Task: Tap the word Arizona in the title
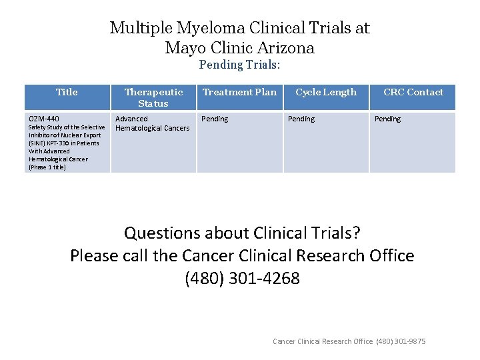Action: pyautogui.click(x=287, y=48)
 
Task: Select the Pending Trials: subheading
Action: pyautogui.click(x=240, y=65)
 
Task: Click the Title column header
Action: pyautogui.click(x=67, y=92)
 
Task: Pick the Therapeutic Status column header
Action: pyautogui.click(x=153, y=97)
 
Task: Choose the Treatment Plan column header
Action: pyautogui.click(x=239, y=92)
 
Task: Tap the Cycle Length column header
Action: pyautogui.click(x=326, y=92)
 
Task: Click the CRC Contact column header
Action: pyautogui.click(x=413, y=92)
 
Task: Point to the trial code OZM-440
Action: pyautogui.click(x=44, y=119)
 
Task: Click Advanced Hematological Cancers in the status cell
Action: pyautogui.click(x=153, y=123)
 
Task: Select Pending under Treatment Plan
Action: pyautogui.click(x=215, y=119)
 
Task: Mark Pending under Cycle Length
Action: pyautogui.click(x=301, y=119)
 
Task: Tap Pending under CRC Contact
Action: pyautogui.click(x=387, y=119)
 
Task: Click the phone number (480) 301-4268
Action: pyautogui.click(x=242, y=278)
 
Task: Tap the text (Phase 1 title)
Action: pyautogui.click(x=47, y=167)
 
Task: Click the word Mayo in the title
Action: pyautogui.click(x=183, y=48)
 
